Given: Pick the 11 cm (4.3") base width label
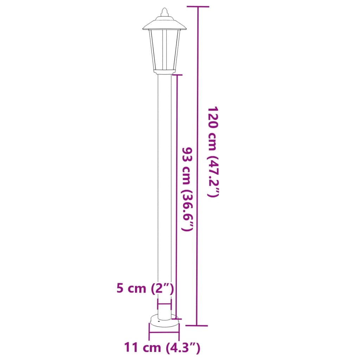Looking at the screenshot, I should tap(162, 348).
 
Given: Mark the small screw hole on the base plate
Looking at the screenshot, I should tap(159, 321).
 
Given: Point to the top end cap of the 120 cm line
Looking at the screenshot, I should tap(198, 7).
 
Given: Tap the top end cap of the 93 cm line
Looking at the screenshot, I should tap(177, 75).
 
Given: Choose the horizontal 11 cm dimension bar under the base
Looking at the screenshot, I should tap(164, 331).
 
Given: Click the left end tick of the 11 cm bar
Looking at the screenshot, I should tap(150, 331).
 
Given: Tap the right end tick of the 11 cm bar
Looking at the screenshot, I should tap(179, 331).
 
